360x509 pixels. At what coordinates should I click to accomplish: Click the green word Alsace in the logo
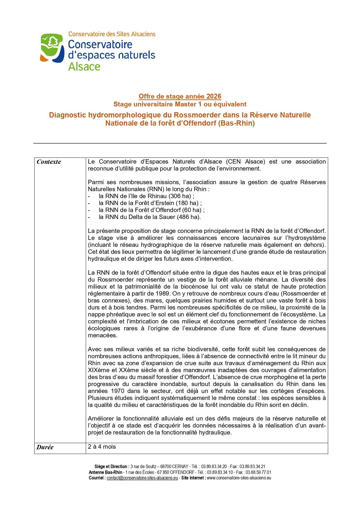(84, 67)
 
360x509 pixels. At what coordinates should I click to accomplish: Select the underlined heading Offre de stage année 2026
(180, 96)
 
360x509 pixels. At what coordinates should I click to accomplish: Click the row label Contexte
(49, 162)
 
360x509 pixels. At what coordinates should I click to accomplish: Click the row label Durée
(45, 447)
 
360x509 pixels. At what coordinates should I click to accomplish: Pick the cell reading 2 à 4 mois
(102, 447)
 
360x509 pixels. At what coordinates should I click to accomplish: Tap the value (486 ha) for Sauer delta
(189, 217)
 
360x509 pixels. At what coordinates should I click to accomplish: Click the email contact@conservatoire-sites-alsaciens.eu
(142, 478)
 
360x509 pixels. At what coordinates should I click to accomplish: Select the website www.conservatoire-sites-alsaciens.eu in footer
(239, 478)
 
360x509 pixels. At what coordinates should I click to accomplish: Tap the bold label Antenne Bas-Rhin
(105, 472)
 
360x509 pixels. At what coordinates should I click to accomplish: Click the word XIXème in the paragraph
(98, 370)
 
